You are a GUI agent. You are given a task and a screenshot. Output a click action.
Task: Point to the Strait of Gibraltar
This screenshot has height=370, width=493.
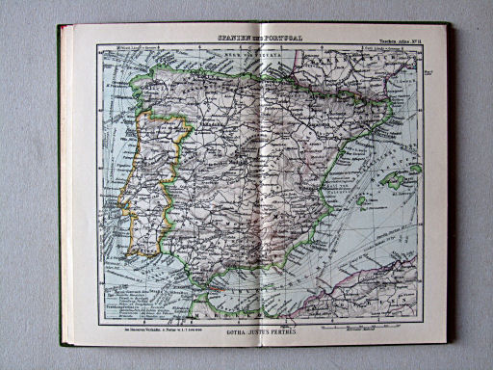pyautogui.click(x=198, y=290)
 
